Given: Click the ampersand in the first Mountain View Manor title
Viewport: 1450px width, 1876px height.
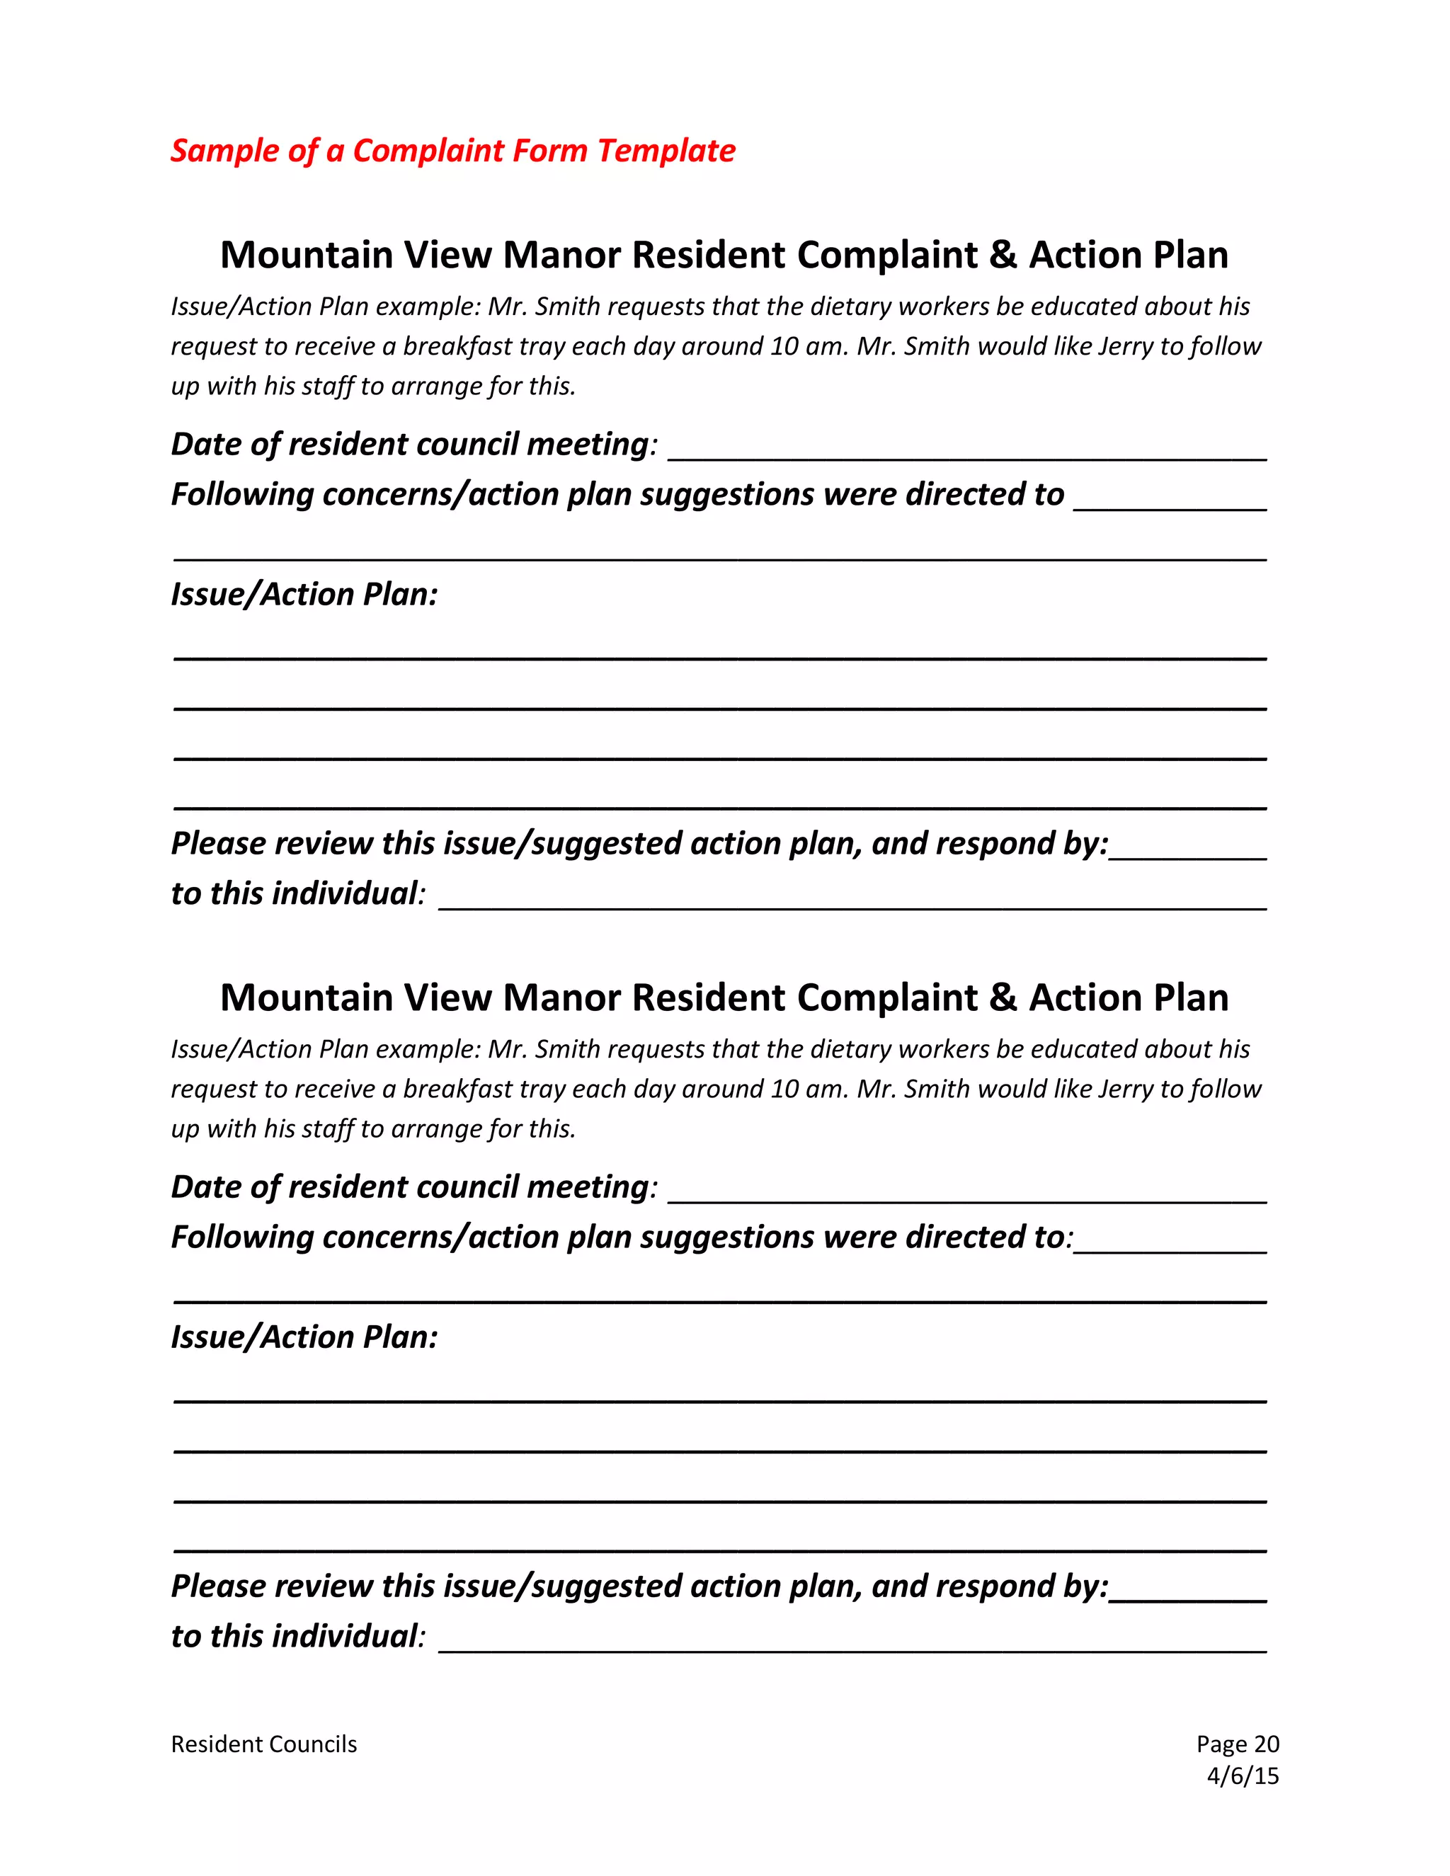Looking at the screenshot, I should (x=1003, y=255).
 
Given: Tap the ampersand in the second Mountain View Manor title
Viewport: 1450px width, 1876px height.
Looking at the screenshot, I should (x=1003, y=997).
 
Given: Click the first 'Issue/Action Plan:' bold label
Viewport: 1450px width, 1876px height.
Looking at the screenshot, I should (x=304, y=595).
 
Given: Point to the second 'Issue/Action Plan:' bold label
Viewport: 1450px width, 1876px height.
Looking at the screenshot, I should (x=304, y=1337).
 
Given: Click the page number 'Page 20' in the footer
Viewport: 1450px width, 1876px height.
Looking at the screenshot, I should (x=1237, y=1744).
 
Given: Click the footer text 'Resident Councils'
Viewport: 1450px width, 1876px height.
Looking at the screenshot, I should (x=263, y=1744).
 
